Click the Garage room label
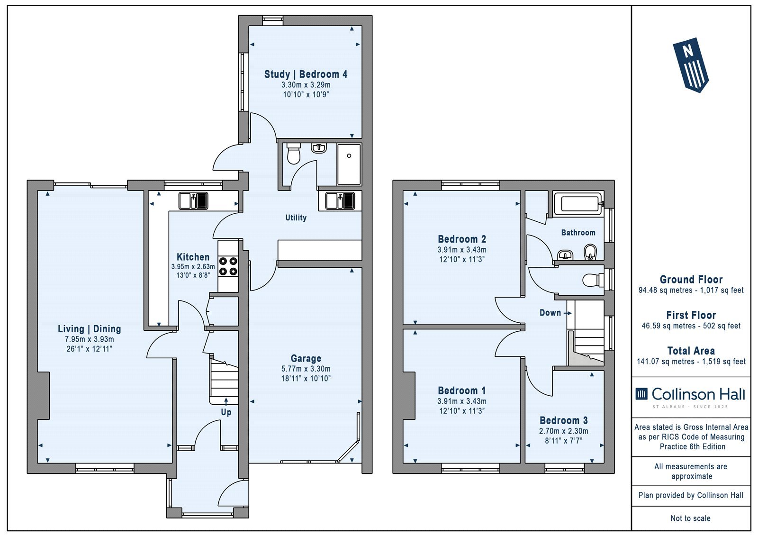click(306, 358)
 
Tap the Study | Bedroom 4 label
click(306, 74)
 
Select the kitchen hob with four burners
click(228, 266)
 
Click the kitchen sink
click(193, 201)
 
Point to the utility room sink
click(340, 201)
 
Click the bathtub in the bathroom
click(578, 204)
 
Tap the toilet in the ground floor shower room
click(293, 153)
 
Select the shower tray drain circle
click(349, 156)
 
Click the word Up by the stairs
click(226, 412)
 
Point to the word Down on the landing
click(550, 313)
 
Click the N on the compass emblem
click(687, 52)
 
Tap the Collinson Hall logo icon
click(641, 394)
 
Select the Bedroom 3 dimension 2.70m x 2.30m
click(563, 431)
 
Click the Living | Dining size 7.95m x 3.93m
click(90, 339)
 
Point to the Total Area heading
click(691, 350)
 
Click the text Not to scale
click(691, 518)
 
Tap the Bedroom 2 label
click(462, 239)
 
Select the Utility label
click(296, 218)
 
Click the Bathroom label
click(578, 233)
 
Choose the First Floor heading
click(691, 315)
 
